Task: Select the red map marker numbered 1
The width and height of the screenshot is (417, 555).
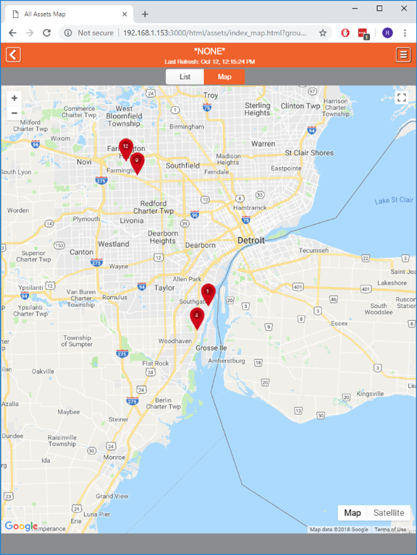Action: [208, 293]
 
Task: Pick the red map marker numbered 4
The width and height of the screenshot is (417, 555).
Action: [196, 317]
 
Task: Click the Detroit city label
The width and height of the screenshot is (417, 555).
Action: [251, 240]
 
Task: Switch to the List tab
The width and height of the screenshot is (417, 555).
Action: [185, 77]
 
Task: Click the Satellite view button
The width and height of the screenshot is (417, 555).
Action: [389, 513]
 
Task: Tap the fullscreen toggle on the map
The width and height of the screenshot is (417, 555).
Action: [401, 98]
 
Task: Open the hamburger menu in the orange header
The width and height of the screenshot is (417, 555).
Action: [403, 55]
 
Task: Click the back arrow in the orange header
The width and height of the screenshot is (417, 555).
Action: [13, 55]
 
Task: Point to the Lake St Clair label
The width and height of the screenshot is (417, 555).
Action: [394, 200]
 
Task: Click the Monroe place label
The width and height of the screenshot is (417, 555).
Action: [114, 457]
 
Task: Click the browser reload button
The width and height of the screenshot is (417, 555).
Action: [47, 33]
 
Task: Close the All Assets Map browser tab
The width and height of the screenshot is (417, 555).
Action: [125, 14]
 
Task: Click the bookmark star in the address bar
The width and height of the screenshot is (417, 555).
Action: [323, 33]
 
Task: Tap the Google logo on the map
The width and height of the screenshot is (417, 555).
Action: [21, 526]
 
